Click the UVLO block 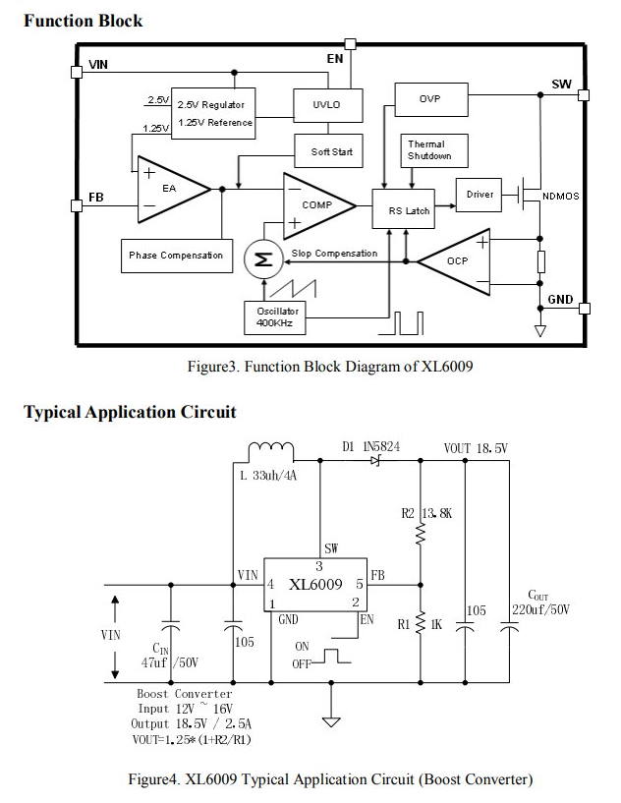(x=328, y=105)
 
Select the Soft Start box (x=328, y=151)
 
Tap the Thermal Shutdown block (x=434, y=150)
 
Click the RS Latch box (x=404, y=209)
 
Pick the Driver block (x=479, y=195)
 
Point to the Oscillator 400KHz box (x=275, y=318)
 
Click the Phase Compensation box (x=177, y=256)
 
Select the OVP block (x=431, y=99)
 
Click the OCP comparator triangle (x=454, y=261)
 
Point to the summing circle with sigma (x=263, y=259)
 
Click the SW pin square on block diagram (x=583, y=95)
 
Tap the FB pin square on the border (x=77, y=205)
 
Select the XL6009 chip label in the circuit (x=315, y=585)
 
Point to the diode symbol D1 (x=375, y=461)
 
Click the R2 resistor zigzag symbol (x=421, y=534)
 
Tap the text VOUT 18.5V (x=476, y=448)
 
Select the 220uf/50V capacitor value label (x=540, y=609)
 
